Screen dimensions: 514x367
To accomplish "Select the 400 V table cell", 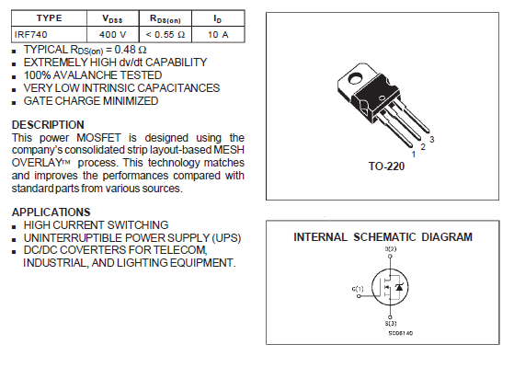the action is pos(112,34).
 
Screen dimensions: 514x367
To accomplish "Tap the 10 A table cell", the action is pos(218,34).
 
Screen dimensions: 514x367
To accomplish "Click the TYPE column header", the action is pos(49,17).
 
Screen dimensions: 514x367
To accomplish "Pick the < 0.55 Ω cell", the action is pos(166,34).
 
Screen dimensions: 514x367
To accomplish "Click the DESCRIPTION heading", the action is pos(48,125).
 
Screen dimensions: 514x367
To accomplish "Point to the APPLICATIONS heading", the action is pos(51,212).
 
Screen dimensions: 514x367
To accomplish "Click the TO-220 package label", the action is pos(386,166).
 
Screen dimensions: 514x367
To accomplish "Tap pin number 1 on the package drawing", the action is pos(414,155).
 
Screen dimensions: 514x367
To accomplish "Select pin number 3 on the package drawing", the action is pos(432,140).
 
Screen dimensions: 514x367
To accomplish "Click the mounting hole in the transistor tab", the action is pos(355,79).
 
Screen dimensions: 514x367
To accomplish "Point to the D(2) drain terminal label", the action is pos(391,249).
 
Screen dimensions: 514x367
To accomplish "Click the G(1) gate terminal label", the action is pos(358,289).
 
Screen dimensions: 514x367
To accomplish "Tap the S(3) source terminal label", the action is pos(391,324).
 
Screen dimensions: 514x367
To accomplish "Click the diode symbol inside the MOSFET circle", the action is pos(399,287).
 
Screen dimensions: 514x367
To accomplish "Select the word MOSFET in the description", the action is pos(98,137).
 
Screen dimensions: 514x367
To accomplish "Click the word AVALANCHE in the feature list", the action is pos(85,75).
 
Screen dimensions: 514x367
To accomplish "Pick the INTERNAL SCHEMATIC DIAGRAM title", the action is pos(383,236).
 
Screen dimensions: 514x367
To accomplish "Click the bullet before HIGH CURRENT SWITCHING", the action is pos(14,226).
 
